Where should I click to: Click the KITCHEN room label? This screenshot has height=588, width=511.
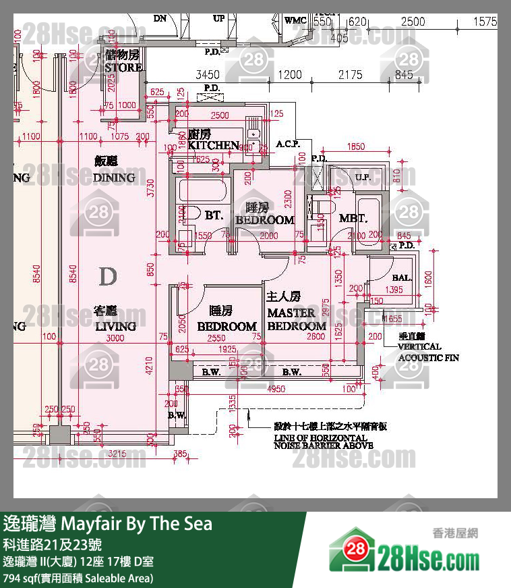pos(213,145)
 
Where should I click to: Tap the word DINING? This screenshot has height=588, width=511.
pos(114,178)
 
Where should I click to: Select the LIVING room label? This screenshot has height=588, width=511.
pos(115,326)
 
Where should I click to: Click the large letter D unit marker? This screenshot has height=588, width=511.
pos(107,276)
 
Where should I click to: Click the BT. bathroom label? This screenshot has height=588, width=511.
pos(214,216)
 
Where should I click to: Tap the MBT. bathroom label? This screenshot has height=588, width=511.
pos(352,219)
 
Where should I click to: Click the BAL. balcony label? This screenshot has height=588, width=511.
pos(402,277)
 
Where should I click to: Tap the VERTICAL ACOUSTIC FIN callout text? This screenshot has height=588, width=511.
pos(429,352)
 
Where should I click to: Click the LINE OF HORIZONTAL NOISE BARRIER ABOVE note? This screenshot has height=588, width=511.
pos(324,442)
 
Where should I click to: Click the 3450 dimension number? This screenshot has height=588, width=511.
pos(208,75)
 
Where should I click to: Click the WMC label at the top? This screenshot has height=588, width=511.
pos(295,20)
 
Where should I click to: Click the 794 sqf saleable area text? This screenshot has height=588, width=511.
pos(78,578)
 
